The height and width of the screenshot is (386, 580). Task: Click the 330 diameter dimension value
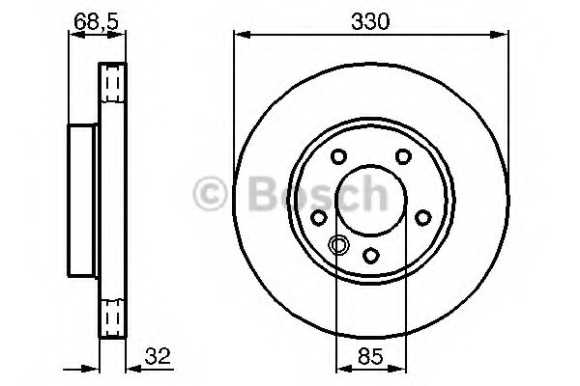tap(370, 21)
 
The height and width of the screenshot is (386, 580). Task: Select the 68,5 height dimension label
tap(96, 21)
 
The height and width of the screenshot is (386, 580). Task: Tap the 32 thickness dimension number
tap(158, 356)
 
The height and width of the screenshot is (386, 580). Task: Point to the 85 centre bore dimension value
tap(370, 356)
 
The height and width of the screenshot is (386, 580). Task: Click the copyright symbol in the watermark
tap(210, 194)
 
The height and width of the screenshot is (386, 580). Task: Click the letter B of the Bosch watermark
tap(264, 193)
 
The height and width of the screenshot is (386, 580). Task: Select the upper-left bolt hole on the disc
tap(338, 156)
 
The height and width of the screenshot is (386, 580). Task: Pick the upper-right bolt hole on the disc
tap(403, 156)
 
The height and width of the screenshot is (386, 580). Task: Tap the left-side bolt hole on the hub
tap(318, 217)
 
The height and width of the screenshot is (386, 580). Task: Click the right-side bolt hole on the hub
tap(423, 217)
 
